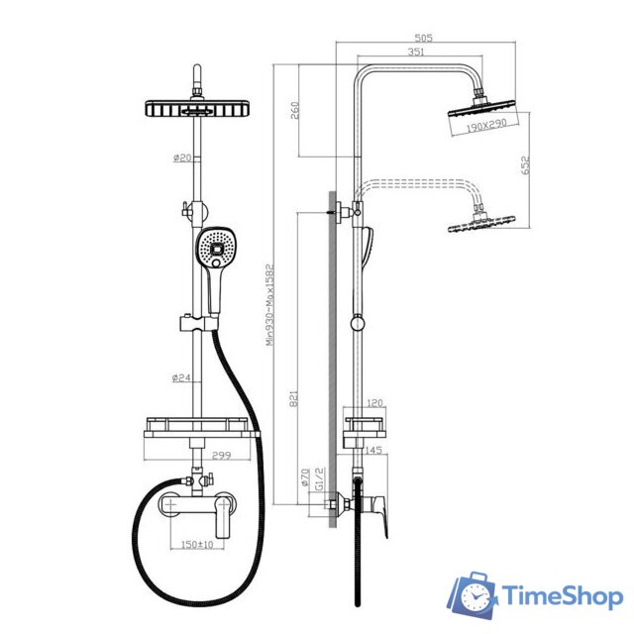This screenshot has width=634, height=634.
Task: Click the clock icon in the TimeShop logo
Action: point(475,596)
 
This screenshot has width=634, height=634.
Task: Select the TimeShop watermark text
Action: point(562,596)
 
